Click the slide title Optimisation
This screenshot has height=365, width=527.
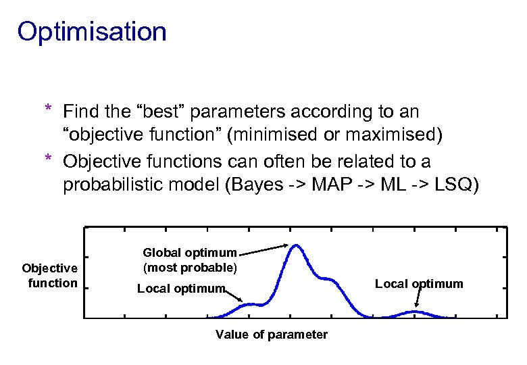tap(92, 32)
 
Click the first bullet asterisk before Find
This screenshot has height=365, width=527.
tap(48, 110)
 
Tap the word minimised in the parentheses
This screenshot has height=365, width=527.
tap(271, 135)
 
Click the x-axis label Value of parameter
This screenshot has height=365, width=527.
tap(271, 335)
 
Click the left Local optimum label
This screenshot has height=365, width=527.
tap(180, 289)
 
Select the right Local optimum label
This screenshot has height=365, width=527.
tap(419, 283)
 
